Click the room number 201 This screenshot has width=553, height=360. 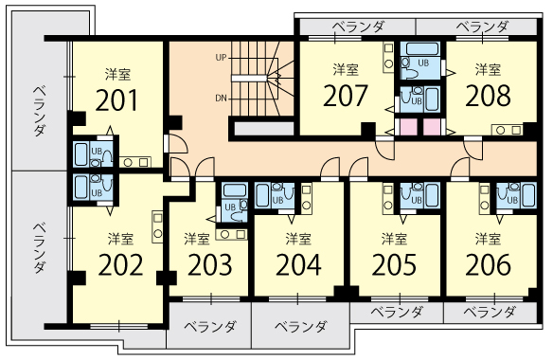[116, 100]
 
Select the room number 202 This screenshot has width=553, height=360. [120, 264]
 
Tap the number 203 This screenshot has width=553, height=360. [210, 264]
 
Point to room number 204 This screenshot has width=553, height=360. [298, 264]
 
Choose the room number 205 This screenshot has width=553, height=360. [394, 264]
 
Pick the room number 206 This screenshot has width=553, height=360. [488, 264]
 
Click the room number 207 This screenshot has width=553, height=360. [346, 96]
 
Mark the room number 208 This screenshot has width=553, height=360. [488, 96]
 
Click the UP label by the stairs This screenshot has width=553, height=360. [222, 57]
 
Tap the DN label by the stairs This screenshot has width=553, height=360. [222, 99]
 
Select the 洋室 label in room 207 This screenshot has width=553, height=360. [346, 69]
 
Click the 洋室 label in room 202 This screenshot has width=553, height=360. [120, 239]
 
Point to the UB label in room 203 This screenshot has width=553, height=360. [230, 207]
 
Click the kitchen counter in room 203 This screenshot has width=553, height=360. [231, 234]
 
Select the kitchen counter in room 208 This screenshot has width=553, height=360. [508, 130]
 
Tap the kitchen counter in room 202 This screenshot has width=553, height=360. [157, 226]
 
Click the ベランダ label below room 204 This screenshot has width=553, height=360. [301, 327]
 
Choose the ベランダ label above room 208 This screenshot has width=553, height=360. [482, 27]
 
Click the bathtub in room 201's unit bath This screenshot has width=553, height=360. [81, 154]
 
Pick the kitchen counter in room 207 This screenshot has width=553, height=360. [388, 57]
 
